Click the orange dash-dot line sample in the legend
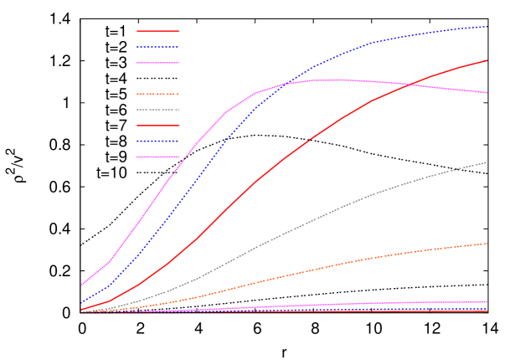(158, 94)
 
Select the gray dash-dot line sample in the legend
(158, 110)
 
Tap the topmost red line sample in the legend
(158, 31)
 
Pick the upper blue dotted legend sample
(158, 47)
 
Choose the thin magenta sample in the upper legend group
(158, 63)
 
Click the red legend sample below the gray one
(158, 126)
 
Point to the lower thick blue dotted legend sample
(158, 141)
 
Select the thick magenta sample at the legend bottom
(158, 157)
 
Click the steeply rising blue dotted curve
(197, 177)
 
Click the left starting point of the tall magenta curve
(81, 285)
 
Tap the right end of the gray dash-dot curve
(487, 162)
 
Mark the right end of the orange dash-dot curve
(487, 244)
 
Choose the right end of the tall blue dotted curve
(487, 27)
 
